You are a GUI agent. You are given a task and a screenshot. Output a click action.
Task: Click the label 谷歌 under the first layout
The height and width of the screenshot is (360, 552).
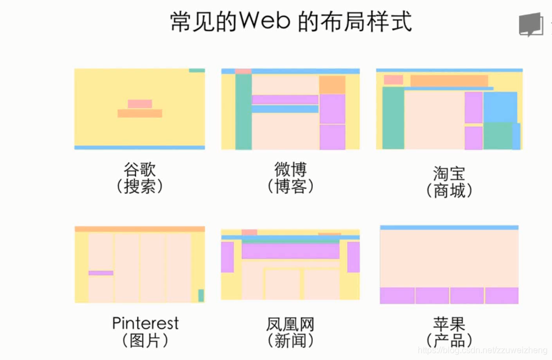140,169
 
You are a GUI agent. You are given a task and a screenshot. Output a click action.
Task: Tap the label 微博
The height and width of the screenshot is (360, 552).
290,169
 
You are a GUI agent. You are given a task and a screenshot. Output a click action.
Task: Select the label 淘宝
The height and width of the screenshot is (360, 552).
449,173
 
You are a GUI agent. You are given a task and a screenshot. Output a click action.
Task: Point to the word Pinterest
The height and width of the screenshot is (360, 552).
145,323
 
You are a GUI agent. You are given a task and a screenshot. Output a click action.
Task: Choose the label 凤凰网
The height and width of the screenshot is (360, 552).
290,325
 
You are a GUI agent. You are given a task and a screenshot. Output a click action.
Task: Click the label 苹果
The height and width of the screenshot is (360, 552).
449,325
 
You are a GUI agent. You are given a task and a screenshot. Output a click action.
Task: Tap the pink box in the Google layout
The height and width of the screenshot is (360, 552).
140,104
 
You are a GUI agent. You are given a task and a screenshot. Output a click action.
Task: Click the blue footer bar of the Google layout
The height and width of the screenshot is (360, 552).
140,147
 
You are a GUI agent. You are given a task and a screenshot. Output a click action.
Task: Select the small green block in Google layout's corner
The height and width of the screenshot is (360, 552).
197,71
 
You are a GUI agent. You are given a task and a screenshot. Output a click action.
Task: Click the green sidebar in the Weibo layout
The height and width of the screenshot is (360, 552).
243,111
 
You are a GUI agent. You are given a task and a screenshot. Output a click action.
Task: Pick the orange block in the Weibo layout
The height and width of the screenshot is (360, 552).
332,85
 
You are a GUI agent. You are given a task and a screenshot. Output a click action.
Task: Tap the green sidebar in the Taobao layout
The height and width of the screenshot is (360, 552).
393,118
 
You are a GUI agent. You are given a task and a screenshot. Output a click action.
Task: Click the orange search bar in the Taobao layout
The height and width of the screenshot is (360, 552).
449,80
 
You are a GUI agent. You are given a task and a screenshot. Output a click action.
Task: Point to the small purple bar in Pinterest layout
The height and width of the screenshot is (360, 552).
101,273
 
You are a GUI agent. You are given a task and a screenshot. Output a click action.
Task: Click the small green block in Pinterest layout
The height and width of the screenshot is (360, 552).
201,295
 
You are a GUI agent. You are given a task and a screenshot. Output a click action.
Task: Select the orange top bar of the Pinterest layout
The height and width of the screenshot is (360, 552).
140,229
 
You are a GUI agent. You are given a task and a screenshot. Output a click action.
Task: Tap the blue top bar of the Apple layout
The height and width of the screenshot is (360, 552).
449,227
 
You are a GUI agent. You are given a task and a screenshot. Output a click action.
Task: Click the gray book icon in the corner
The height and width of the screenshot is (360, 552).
530,24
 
